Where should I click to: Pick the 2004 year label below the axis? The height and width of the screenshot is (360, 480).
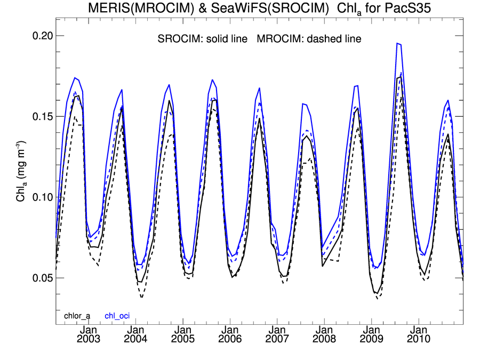pyautogui.click(x=135, y=339)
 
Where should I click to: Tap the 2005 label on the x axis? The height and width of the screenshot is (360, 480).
pyautogui.click(x=182, y=339)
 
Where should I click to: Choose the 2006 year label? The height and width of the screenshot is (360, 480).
pyautogui.click(x=230, y=339)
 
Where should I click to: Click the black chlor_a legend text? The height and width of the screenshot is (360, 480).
pyautogui.click(x=77, y=316)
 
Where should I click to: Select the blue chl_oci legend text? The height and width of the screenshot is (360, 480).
pyautogui.click(x=116, y=316)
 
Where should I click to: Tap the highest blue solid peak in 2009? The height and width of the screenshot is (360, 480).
pyautogui.click(x=398, y=44)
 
